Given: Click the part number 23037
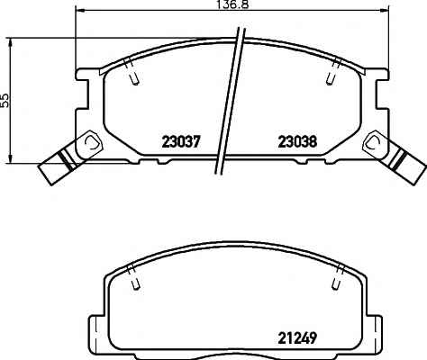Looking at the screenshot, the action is [x=180, y=141].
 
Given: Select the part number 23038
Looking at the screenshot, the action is [x=297, y=141].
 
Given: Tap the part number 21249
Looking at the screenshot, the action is [x=297, y=338].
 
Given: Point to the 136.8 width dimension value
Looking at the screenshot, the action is [x=233, y=4].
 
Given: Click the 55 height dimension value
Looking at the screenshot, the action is [x=5, y=100].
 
